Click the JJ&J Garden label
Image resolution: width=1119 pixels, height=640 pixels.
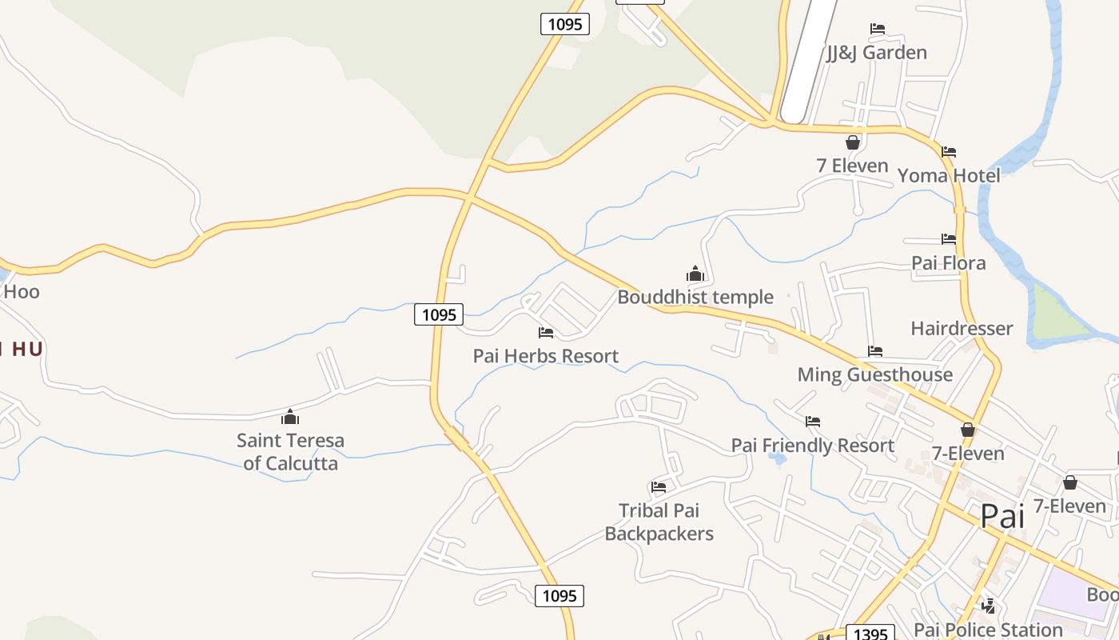pyautogui.click(x=876, y=53)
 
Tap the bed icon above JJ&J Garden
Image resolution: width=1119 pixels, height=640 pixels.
pyautogui.click(x=877, y=29)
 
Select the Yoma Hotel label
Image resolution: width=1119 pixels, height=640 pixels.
pyautogui.click(x=948, y=176)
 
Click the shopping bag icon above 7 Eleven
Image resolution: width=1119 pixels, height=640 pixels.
pyautogui.click(x=853, y=142)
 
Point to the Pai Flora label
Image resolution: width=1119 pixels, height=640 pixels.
pyautogui.click(x=948, y=263)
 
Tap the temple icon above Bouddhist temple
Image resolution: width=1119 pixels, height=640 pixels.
pyautogui.click(x=695, y=274)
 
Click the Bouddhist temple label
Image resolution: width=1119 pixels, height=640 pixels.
pyautogui.click(x=695, y=298)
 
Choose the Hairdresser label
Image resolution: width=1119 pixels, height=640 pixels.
pyautogui.click(x=962, y=329)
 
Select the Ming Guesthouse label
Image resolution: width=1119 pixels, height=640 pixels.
pyautogui.click(x=874, y=374)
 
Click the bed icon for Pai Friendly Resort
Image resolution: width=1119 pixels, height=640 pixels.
pyautogui.click(x=813, y=422)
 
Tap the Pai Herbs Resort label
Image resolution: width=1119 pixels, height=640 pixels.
pyautogui.click(x=545, y=356)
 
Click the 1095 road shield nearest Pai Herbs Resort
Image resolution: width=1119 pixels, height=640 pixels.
pyautogui.click(x=439, y=314)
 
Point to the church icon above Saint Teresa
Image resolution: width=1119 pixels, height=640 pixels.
pyautogui.click(x=289, y=417)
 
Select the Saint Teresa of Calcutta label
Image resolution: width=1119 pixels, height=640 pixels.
pyautogui.click(x=290, y=452)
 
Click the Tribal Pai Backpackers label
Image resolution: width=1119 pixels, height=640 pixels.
pyautogui.click(x=659, y=522)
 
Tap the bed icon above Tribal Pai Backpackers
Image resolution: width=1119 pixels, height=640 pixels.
pyautogui.click(x=659, y=486)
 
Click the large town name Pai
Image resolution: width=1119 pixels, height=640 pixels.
pyautogui.click(x=1002, y=516)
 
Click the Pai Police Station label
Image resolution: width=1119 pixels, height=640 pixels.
pyautogui.click(x=988, y=630)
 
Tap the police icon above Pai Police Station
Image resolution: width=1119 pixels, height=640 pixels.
pyautogui.click(x=989, y=606)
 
